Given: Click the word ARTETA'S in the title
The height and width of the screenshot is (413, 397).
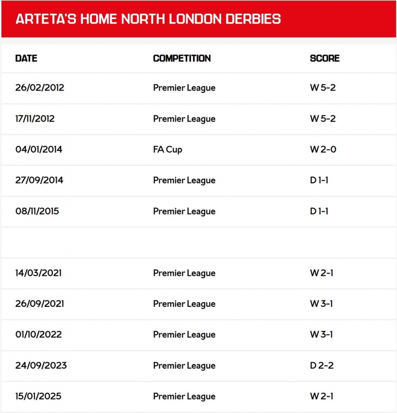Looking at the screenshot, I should click(x=45, y=19).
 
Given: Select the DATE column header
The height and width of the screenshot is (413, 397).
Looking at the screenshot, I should click(x=26, y=58).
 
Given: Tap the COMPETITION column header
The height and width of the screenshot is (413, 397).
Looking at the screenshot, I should click(x=182, y=58).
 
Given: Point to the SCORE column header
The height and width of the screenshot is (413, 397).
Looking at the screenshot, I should click(x=324, y=58).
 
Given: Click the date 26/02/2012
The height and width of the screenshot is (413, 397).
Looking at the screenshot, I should click(x=40, y=88).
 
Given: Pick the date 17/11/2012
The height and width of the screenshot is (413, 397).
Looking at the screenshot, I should click(x=35, y=119).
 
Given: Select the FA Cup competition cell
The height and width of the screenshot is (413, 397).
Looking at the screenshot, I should click(x=167, y=149).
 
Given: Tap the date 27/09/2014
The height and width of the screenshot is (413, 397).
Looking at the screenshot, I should click(x=39, y=180).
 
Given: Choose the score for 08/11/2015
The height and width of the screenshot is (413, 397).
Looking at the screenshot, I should click(x=319, y=211).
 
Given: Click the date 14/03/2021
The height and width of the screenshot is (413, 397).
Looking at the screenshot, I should click(x=39, y=273).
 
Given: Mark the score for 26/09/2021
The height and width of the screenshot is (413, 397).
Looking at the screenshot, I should click(x=321, y=304).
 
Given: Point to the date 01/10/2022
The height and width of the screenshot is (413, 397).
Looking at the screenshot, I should click(x=39, y=335).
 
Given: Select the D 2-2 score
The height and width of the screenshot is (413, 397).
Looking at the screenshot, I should click(x=322, y=365).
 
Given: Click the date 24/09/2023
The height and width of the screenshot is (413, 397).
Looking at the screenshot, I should click(x=41, y=365).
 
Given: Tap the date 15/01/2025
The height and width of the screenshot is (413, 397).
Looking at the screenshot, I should click(x=38, y=396).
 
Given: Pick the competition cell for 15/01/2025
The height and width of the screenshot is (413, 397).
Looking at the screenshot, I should click(x=184, y=396).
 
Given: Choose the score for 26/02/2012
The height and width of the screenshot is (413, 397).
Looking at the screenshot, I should click(x=323, y=88).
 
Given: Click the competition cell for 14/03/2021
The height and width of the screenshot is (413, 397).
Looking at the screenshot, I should click(x=184, y=273).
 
